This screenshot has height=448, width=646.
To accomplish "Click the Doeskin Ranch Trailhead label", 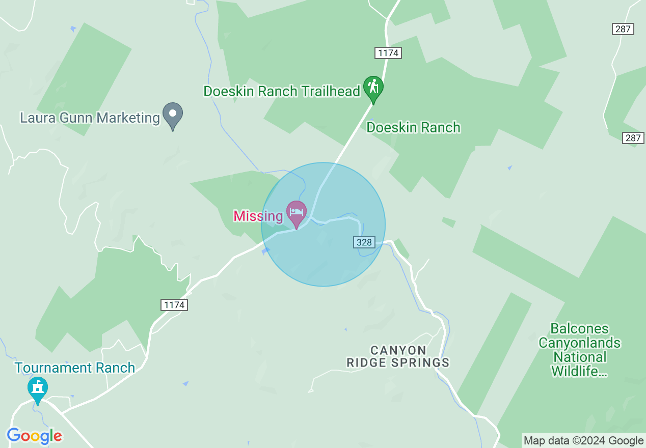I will [x=282, y=91].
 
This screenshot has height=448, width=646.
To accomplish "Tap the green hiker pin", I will [x=373, y=88].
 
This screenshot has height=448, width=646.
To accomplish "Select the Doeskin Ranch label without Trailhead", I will [x=413, y=127].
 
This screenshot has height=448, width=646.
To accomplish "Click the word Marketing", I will [x=128, y=118].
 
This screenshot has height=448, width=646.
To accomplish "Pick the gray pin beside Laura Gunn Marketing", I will [x=173, y=114].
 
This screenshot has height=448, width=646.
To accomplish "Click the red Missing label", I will [x=258, y=216].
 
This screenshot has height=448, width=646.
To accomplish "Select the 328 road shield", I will [x=364, y=242].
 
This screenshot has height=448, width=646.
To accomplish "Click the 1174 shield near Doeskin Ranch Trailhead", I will [x=388, y=52].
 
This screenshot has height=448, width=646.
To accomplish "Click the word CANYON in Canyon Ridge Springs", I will [x=398, y=350].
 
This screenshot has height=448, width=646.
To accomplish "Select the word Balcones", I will [x=579, y=329].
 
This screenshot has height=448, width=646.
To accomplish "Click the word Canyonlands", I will [x=579, y=343].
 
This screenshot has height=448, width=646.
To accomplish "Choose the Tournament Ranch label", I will [x=75, y=368].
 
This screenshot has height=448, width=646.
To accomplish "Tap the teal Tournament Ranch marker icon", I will [x=37, y=388].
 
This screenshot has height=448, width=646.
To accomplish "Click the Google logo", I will [x=35, y=436].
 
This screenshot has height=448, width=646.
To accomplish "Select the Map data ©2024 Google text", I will [x=584, y=441].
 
